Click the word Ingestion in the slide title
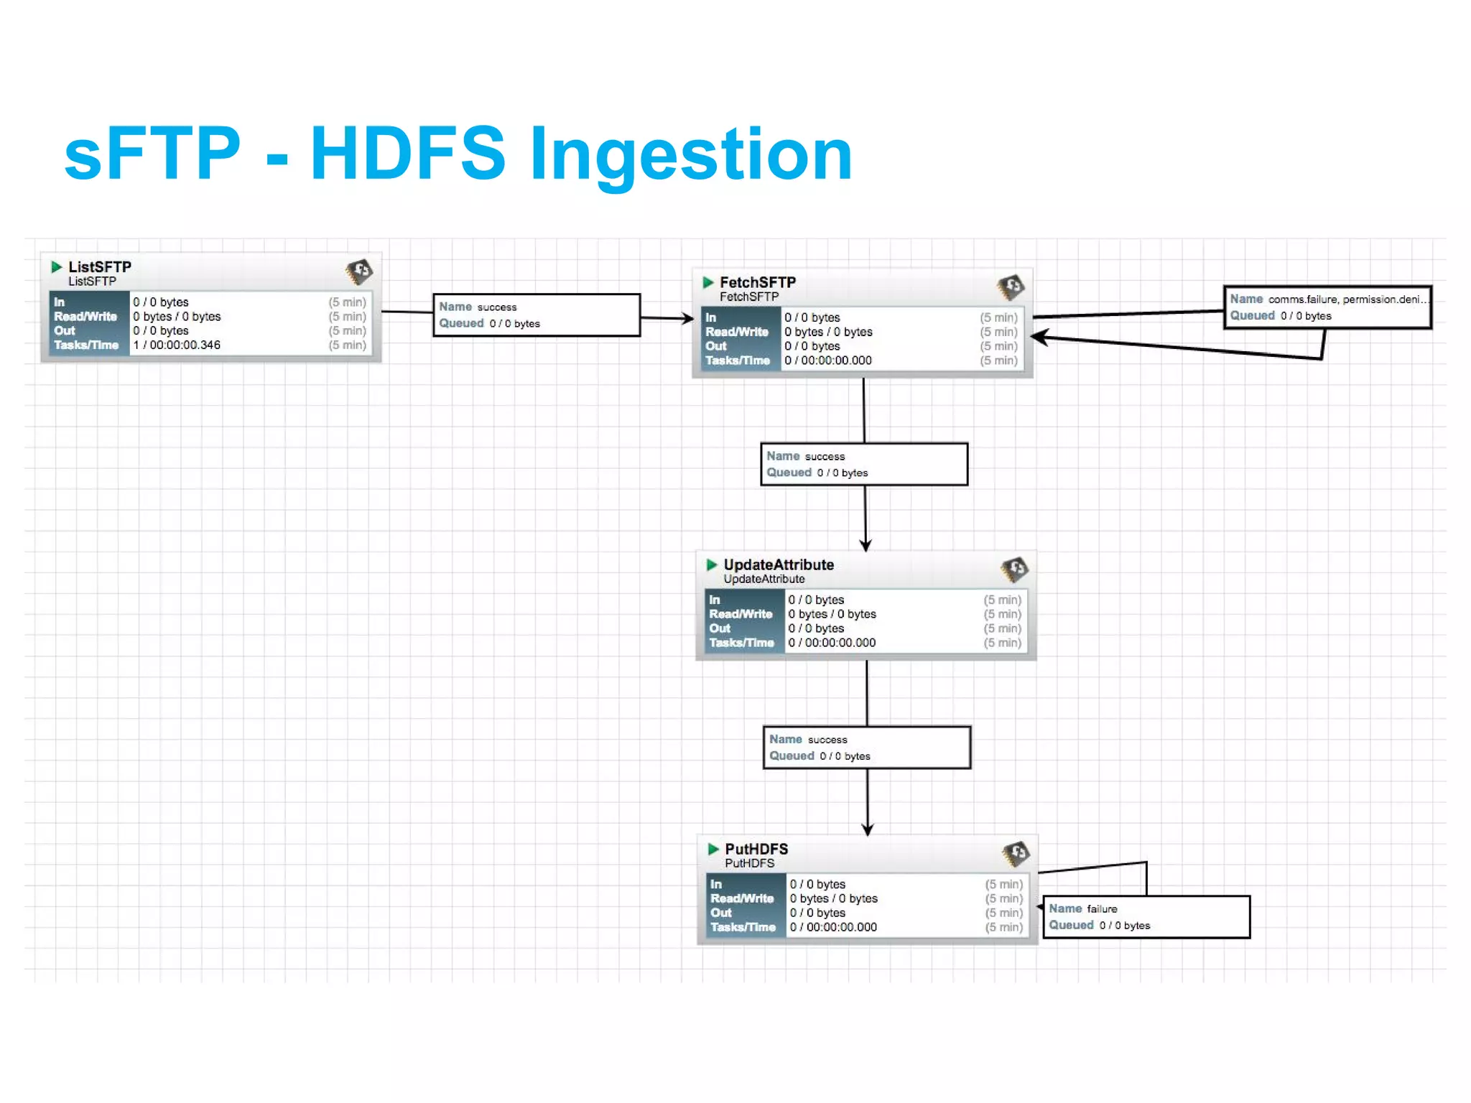(x=690, y=154)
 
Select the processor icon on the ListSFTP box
(x=359, y=271)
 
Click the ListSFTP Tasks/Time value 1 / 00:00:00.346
(x=177, y=345)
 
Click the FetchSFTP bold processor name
(x=758, y=282)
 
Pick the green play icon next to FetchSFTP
(x=708, y=282)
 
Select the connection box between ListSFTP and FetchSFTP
(x=536, y=315)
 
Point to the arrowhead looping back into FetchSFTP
(x=1039, y=338)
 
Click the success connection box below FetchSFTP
(x=864, y=464)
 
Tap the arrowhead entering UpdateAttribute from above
(x=866, y=546)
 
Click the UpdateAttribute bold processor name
(x=779, y=564)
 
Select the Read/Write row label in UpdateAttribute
(x=741, y=614)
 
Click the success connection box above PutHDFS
(x=866, y=748)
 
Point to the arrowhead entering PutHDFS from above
(x=868, y=829)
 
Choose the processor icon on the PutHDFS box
(x=1016, y=853)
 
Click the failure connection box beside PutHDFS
(x=1146, y=917)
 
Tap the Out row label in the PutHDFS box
(x=721, y=913)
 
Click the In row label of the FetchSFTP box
(x=711, y=317)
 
